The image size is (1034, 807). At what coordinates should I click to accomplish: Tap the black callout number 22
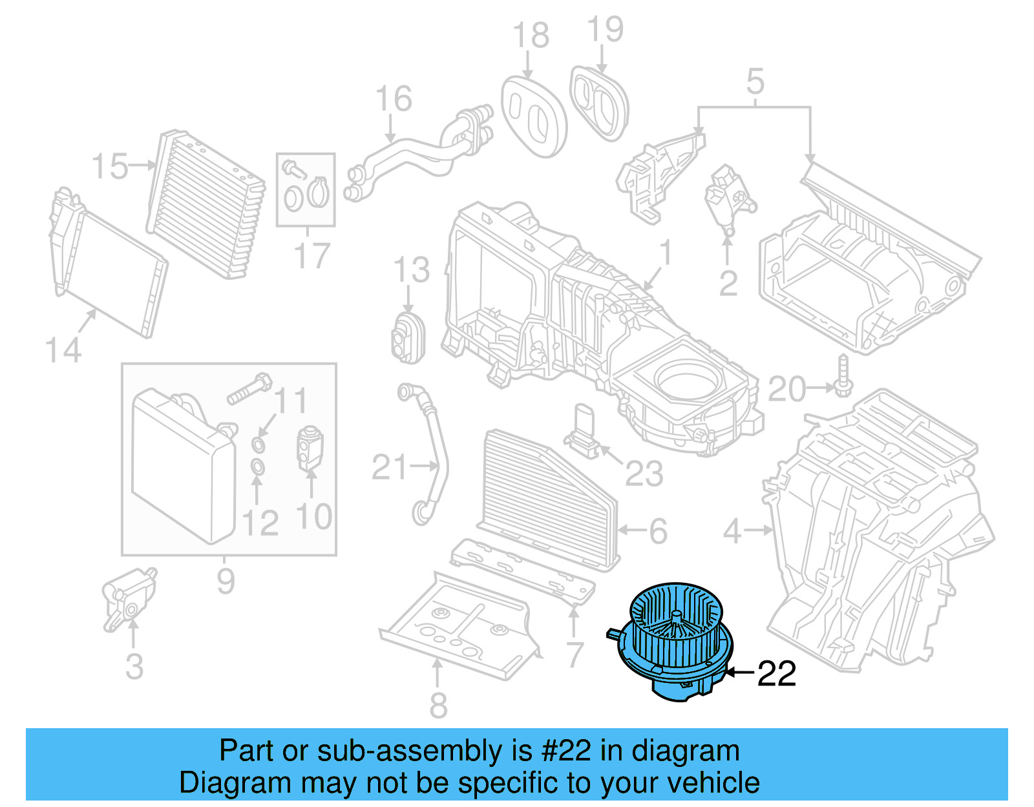(776, 674)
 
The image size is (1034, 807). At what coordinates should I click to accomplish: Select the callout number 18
(531, 36)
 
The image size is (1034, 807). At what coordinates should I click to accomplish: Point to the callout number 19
(605, 30)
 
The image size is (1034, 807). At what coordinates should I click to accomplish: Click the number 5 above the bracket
(755, 82)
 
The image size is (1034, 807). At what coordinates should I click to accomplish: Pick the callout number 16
(393, 99)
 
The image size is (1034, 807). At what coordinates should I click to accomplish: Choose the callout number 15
(109, 167)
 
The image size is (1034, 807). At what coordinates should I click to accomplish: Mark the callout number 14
(63, 351)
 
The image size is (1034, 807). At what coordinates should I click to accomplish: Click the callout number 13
(411, 270)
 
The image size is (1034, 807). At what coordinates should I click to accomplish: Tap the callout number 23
(644, 474)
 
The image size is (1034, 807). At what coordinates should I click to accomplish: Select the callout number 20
(786, 390)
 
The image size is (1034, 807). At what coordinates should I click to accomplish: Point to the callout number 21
(390, 467)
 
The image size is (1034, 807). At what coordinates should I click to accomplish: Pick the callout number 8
(438, 705)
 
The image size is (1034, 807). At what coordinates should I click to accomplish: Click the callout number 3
(134, 667)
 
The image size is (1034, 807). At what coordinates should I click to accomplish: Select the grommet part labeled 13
(407, 336)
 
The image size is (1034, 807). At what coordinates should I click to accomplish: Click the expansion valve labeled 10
(309, 447)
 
